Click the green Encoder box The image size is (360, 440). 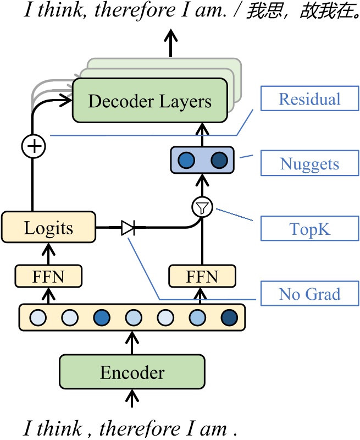tap(132, 373)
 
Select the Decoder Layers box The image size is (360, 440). tap(149, 101)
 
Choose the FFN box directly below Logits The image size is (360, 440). tap(48, 276)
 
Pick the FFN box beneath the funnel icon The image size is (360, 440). tap(202, 276)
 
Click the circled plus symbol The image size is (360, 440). tap(33, 146)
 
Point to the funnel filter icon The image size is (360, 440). tap(202, 207)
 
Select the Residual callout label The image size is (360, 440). tap(309, 99)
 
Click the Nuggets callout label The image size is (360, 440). tap(309, 164)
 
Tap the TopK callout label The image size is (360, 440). tap(309, 229)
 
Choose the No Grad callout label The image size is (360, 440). tap(309, 294)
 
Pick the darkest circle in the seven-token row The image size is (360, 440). tap(229, 317)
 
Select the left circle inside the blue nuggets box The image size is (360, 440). tap(187, 160)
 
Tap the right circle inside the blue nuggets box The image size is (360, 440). tap(218, 160)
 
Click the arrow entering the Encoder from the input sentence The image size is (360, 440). tap(132, 399)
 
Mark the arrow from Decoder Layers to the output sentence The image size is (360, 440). tap(171, 44)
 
